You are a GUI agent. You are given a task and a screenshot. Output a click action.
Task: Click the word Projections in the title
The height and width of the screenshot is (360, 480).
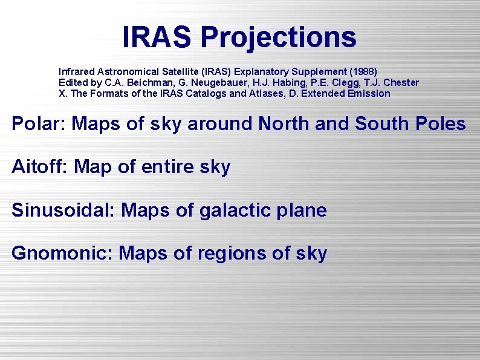278,38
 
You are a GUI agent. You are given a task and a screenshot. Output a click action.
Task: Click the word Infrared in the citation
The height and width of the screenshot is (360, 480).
75,71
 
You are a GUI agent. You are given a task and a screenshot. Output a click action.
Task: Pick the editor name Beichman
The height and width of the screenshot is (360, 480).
136,82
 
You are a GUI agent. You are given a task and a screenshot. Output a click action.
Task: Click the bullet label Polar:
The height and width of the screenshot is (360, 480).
39,124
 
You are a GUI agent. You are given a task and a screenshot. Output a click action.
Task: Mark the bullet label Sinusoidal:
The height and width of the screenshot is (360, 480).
63,211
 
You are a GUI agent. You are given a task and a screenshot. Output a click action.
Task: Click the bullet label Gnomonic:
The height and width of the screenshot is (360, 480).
62,253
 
